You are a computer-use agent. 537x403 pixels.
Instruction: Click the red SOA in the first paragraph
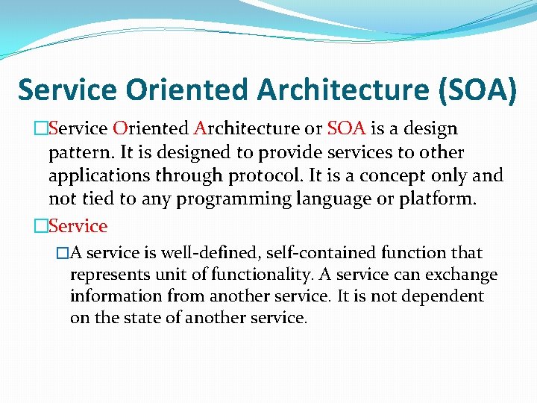click(x=346, y=128)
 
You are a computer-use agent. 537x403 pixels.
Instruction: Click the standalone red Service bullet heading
click(x=78, y=225)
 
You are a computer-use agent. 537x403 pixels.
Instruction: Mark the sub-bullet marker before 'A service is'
click(x=63, y=253)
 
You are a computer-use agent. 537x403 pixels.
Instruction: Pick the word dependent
click(x=443, y=296)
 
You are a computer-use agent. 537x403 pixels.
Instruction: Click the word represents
click(x=107, y=275)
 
